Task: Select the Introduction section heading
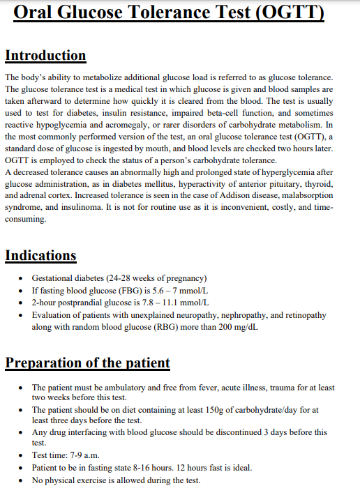click(x=45, y=55)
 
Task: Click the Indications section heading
click(x=40, y=255)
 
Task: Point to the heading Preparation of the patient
click(x=88, y=363)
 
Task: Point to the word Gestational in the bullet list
click(x=55, y=277)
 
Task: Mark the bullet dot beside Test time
click(x=24, y=455)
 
